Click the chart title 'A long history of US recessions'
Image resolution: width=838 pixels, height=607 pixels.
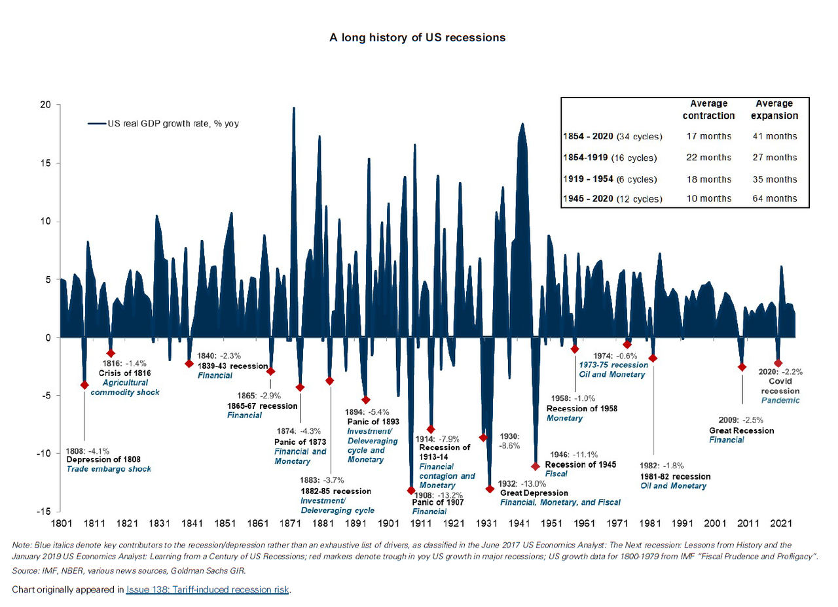click(418, 37)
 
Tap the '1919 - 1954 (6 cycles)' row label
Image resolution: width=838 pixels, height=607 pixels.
click(611, 179)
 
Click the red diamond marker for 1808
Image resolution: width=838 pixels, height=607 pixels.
click(84, 385)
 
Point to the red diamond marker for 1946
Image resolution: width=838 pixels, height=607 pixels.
click(536, 466)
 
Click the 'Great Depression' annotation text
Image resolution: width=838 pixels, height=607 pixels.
click(534, 493)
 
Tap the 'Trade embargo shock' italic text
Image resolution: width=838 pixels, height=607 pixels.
click(109, 469)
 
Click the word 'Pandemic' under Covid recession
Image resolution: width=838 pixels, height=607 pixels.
click(780, 400)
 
